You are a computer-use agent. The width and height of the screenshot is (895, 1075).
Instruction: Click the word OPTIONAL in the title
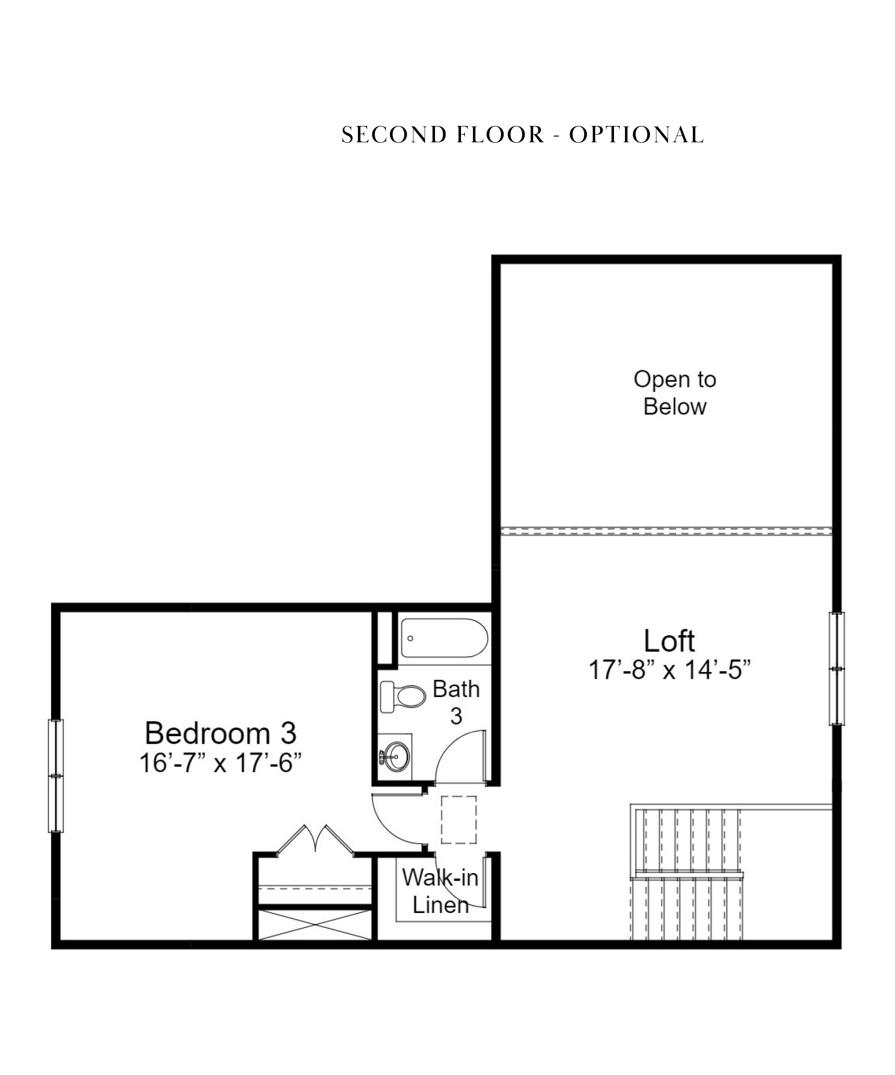(636, 135)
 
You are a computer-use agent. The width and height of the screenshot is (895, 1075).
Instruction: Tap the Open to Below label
(674, 393)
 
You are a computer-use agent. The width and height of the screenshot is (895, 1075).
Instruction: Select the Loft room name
(669, 641)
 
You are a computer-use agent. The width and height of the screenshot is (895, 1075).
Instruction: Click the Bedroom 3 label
(220, 733)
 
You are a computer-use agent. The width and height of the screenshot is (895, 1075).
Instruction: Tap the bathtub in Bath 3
(444, 638)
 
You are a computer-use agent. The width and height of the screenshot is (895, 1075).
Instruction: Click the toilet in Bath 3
(403, 696)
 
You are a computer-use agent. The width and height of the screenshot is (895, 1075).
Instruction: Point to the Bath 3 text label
(456, 702)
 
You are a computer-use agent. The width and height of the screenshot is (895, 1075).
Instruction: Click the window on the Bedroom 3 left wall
(56, 775)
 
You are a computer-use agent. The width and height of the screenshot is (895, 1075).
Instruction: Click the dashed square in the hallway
(459, 819)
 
